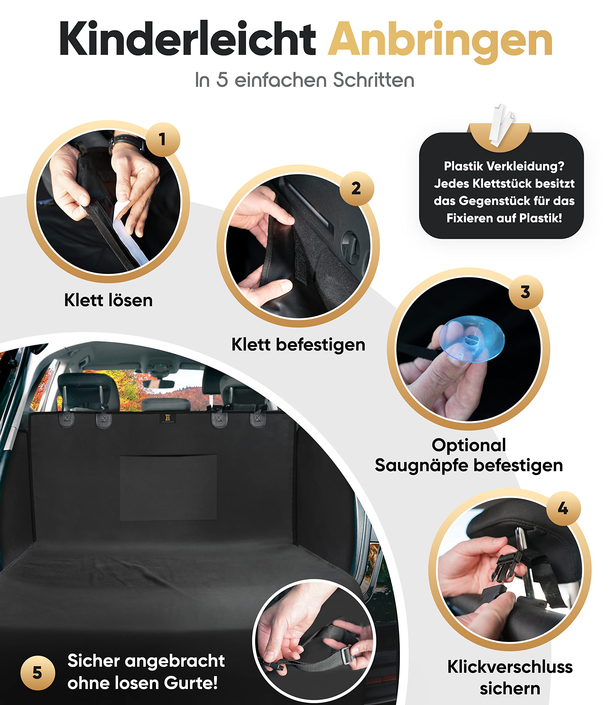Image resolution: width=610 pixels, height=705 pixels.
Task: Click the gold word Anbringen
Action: [440, 42]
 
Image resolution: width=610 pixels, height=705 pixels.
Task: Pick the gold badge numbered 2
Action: [357, 188]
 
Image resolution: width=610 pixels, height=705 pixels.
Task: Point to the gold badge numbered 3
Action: [526, 292]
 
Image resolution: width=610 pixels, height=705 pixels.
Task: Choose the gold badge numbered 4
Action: [563, 508]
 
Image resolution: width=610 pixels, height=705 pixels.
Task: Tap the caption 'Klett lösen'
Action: [109, 300]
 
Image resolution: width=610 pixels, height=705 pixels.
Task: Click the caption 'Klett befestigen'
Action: [299, 345]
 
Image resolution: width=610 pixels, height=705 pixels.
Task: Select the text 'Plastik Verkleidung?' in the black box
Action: [504, 166]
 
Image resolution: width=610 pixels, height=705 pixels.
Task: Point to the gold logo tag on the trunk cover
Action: [168, 418]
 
